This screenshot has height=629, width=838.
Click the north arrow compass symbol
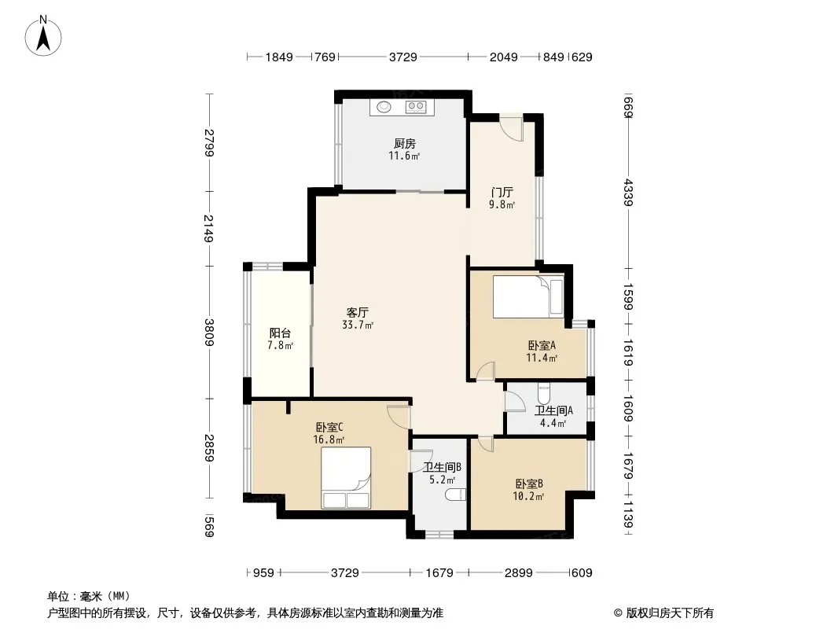(x=43, y=36)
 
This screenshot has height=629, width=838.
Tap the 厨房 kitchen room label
(x=405, y=143)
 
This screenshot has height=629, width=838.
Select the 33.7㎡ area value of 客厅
(x=358, y=325)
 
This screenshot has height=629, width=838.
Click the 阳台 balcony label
(x=280, y=333)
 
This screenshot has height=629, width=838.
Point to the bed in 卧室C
(x=346, y=477)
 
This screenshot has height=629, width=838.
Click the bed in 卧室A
(x=528, y=296)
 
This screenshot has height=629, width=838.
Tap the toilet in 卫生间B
(x=455, y=495)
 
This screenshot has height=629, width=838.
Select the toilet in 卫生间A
(x=543, y=395)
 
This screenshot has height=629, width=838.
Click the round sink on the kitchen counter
(x=384, y=107)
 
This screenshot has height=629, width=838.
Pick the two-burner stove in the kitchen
(x=415, y=107)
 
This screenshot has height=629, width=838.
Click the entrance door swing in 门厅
(x=510, y=128)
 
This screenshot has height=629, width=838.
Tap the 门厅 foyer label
(x=502, y=193)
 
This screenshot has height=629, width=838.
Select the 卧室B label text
(x=529, y=484)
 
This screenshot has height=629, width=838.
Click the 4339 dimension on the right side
(x=629, y=193)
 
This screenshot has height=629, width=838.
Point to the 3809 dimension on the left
(x=209, y=333)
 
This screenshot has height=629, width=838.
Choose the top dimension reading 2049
(x=503, y=57)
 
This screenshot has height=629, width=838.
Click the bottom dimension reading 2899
(x=518, y=573)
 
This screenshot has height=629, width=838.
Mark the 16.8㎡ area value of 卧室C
(x=329, y=440)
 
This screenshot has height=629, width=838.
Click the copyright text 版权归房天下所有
(x=670, y=613)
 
